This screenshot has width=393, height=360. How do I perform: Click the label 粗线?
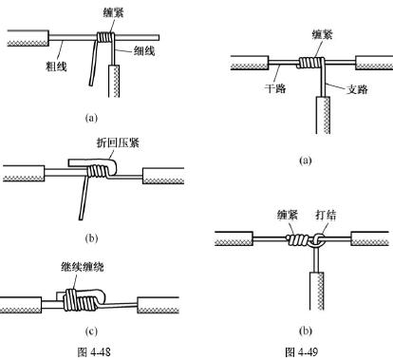point(57,66)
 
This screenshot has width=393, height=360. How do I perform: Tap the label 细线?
point(144,50)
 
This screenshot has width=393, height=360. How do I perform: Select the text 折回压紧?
point(118,142)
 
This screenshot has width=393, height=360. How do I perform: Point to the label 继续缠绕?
point(83,267)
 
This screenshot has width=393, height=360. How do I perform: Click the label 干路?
point(275,88)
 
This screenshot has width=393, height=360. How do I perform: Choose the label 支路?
point(357,89)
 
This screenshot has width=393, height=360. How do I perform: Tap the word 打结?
point(326,216)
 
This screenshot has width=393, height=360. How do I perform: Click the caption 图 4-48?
point(94,351)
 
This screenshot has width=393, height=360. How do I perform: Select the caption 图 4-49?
point(302,351)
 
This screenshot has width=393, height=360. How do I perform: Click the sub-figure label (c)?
point(91,332)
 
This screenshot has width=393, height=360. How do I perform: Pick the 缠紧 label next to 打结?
point(288,216)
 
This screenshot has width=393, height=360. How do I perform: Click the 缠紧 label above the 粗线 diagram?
point(113,12)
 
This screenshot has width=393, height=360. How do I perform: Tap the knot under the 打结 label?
point(318,241)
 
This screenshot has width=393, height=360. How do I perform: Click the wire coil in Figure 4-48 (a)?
point(104,37)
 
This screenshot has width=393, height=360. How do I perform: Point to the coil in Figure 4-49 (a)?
point(310,63)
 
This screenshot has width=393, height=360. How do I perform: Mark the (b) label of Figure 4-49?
point(306,331)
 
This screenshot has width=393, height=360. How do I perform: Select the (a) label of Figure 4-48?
point(91,118)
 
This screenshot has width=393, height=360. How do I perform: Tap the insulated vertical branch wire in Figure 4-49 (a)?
point(323,115)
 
